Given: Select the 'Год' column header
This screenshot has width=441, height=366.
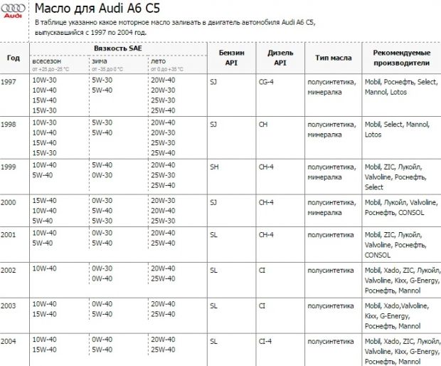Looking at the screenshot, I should pyautogui.click(x=14, y=57).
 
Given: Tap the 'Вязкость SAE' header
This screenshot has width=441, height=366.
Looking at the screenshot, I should pyautogui.click(x=117, y=48).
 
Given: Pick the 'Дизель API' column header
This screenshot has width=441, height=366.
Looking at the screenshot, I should pyautogui.click(x=280, y=57).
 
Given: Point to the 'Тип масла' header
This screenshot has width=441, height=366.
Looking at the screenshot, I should pyautogui.click(x=332, y=57).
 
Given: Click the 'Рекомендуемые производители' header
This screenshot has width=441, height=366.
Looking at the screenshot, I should pyautogui.click(x=400, y=57).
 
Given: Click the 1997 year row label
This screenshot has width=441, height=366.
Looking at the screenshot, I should pyautogui.click(x=9, y=82).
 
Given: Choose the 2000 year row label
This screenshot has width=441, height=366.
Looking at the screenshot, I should pyautogui.click(x=9, y=202).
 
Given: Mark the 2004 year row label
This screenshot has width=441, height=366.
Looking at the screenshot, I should pyautogui.click(x=9, y=341).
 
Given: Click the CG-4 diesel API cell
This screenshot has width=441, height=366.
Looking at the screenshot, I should pyautogui.click(x=267, y=82).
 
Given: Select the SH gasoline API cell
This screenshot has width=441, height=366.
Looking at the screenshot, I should pyautogui.click(x=214, y=165).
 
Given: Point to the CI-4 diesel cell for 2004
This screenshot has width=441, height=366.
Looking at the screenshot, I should pyautogui.click(x=266, y=341).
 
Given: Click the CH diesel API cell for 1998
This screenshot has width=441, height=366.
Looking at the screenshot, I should pyautogui.click(x=263, y=123).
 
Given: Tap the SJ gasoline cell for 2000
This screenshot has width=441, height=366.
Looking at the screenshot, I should pyautogui.click(x=213, y=202).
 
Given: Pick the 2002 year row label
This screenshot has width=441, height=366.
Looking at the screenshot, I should pyautogui.click(x=9, y=269).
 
